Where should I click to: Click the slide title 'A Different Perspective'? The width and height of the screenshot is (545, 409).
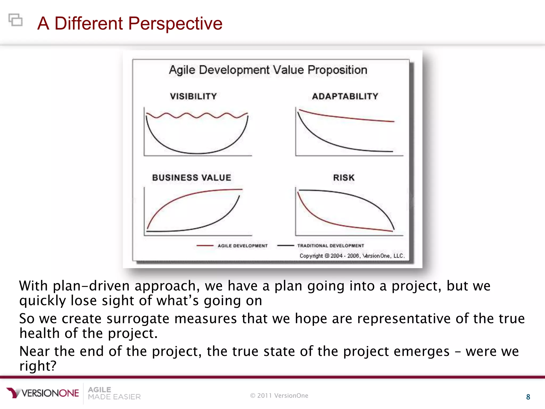point(130,23)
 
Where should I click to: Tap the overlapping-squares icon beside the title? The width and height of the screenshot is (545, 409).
point(15,20)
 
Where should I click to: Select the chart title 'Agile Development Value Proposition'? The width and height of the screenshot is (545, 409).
point(268,70)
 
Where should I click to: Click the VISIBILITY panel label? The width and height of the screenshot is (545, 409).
point(193,96)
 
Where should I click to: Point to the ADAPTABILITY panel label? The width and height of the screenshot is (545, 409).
point(345,96)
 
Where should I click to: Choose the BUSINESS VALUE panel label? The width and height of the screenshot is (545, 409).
point(192,178)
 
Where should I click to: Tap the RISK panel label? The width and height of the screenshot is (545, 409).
point(344,178)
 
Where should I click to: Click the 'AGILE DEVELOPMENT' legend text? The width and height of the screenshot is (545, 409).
point(242,246)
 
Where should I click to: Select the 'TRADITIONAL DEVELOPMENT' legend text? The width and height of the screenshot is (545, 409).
point(331,246)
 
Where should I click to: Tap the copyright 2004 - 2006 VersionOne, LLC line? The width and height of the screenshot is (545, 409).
point(352,256)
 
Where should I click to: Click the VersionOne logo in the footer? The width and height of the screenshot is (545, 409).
point(43,393)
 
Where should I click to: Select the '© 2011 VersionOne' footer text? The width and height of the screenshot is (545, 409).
point(279,396)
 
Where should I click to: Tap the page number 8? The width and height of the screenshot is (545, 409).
point(528,397)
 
